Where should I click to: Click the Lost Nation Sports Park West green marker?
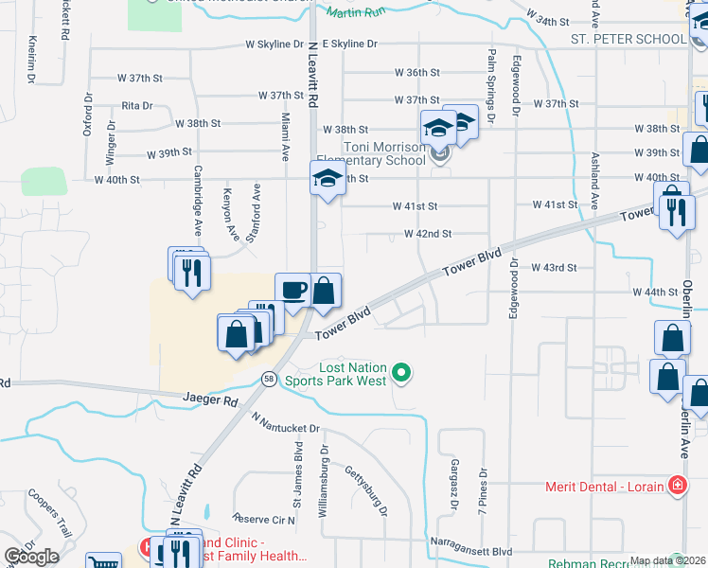point(401,374)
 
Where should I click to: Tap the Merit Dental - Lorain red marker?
point(677,487)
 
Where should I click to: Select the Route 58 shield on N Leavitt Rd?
point(269,379)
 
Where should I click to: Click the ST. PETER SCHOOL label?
point(628,39)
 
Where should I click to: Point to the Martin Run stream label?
point(356,12)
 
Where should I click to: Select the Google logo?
point(31,557)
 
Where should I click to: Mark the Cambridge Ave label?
point(198,201)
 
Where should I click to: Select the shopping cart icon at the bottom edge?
point(103,561)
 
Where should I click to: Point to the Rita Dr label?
point(137,105)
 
